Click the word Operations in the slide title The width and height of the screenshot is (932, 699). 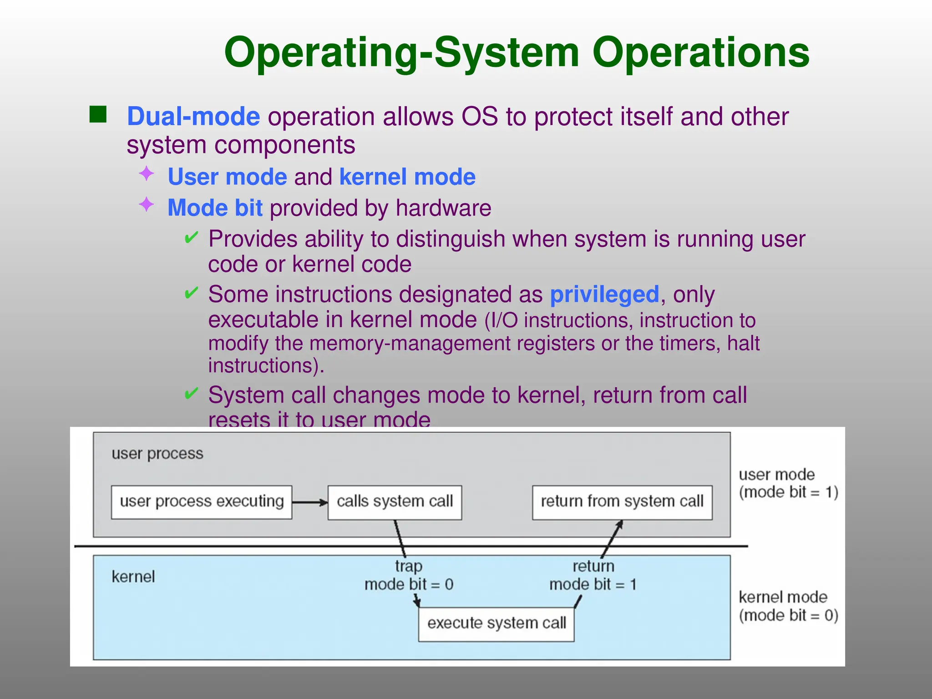pos(701,53)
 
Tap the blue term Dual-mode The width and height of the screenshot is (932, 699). pos(193,116)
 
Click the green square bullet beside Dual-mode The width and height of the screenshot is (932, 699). pos(98,115)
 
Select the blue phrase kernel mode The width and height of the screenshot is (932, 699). pos(407,177)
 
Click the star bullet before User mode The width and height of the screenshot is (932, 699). pos(147,173)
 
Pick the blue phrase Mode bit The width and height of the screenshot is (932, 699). pos(215,208)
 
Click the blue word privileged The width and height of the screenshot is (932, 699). pos(604,294)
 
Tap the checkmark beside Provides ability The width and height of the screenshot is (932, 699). pos(191,238)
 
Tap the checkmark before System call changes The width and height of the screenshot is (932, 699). pos(191,393)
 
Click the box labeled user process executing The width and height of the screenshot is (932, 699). pos(202,502)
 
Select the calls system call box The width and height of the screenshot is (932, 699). pos(395,502)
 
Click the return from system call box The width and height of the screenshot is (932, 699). pos(622,502)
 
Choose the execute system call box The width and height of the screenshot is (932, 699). pos(496,623)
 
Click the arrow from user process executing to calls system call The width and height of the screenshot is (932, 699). pos(310,502)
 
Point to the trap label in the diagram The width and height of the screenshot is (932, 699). pos(408,566)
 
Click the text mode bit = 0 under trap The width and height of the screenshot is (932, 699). pos(409,584)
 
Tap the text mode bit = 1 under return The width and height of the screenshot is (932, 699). pos(593,584)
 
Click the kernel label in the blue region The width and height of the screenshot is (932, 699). pos(133,577)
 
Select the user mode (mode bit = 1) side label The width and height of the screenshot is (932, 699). pos(788,483)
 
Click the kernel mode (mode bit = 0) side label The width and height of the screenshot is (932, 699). pos(788,606)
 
